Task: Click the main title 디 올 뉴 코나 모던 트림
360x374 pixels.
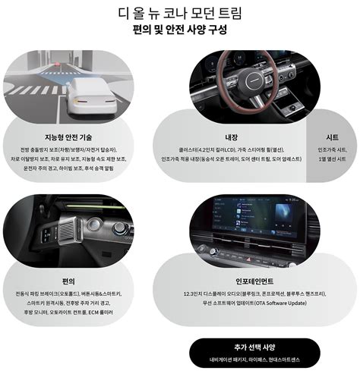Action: (180, 13)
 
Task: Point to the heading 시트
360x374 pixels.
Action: (332, 137)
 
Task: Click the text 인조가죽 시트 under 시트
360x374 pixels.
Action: (332, 150)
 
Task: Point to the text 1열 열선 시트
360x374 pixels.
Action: (332, 161)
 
